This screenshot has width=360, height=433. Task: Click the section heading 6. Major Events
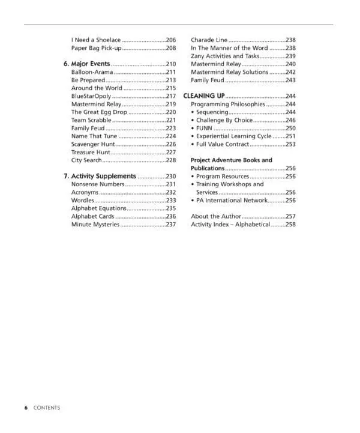87,64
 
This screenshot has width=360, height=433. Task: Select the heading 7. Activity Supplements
100,176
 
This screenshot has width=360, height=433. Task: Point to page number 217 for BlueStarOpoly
170,96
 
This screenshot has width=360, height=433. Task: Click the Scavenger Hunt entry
93,144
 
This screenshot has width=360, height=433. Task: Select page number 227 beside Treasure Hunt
170,153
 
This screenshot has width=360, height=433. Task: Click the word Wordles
83,201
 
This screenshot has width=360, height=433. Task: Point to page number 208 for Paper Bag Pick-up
170,48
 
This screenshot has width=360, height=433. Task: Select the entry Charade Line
209,40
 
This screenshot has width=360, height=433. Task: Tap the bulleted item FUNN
204,129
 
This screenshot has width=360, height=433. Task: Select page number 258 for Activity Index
290,225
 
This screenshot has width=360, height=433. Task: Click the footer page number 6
26,408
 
